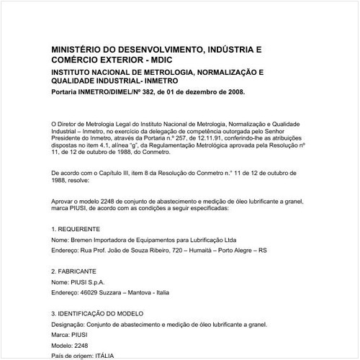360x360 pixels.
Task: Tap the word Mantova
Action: (147, 293)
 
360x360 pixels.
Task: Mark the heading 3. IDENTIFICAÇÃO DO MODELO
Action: (97, 315)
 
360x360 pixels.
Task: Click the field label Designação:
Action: (71, 325)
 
